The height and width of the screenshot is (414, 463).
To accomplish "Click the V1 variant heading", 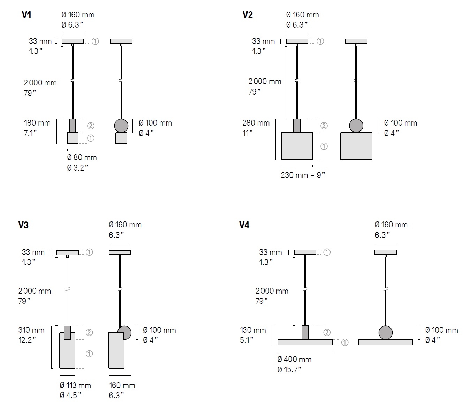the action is coord(26,15).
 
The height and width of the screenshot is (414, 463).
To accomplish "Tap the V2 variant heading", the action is coord(248,15).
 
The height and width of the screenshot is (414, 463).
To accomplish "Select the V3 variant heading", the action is coord(23,225).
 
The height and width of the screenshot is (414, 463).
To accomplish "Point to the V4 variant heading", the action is coord(244,225).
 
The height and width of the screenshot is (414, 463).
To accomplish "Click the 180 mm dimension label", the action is coord(37,123).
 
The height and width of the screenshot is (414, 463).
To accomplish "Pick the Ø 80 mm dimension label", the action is coord(82,158).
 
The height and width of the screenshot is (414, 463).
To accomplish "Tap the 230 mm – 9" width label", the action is coord(303,175).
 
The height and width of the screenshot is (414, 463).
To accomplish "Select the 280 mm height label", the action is coord(256,123).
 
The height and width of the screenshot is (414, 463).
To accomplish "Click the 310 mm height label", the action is coord(31,330).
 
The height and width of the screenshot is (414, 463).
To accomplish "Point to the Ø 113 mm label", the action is coord(75,385).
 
